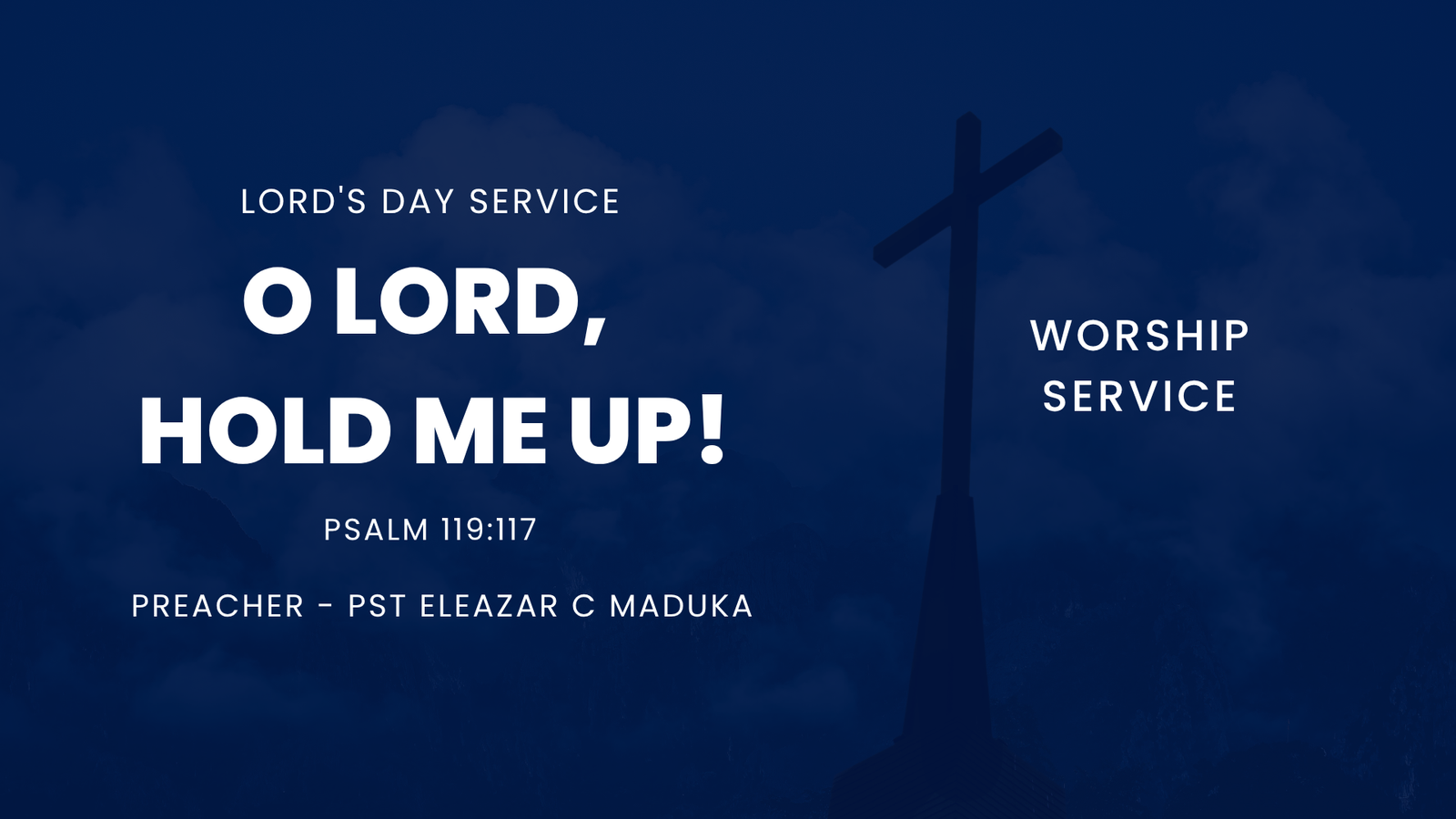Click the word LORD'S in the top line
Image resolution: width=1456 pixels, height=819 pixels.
coord(304,201)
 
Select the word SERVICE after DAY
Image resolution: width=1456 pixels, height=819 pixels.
coord(545,201)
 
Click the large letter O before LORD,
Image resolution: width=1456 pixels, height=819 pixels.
coord(278,303)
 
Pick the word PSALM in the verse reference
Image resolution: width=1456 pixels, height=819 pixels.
coord(377,530)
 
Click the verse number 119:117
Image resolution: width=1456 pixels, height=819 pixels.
coord(488,530)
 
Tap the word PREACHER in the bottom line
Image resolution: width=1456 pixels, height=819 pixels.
coord(217,606)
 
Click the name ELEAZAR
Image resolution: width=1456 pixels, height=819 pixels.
coord(489,606)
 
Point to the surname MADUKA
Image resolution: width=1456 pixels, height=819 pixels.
coord(682,606)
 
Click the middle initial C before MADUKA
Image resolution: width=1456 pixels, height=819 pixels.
coord(583,606)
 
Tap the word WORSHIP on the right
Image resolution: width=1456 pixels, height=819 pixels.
coord(1139,336)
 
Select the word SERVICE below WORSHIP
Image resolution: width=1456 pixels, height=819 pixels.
coord(1139,396)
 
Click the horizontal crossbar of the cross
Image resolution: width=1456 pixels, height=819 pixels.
coord(968,198)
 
